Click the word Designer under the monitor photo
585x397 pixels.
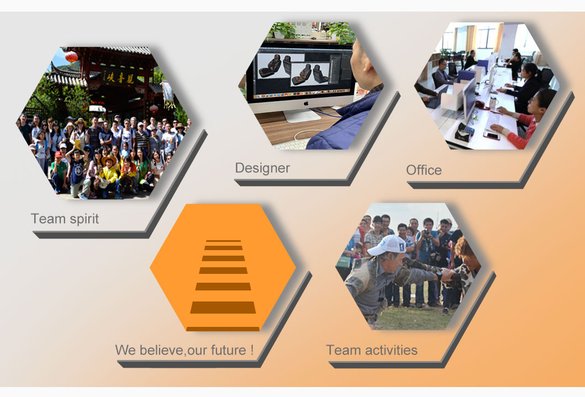coord(262,168)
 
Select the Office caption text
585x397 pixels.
coord(424,170)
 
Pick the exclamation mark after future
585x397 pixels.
coord(252,350)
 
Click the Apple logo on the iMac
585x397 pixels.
coord(306,103)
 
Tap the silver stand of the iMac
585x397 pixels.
coord(303,115)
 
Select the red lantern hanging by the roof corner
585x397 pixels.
coord(71,57)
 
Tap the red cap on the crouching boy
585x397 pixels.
coord(59,154)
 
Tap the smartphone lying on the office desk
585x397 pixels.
coord(491,135)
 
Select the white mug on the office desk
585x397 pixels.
coord(493,102)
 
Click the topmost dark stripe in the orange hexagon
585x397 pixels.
coord(224,241)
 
